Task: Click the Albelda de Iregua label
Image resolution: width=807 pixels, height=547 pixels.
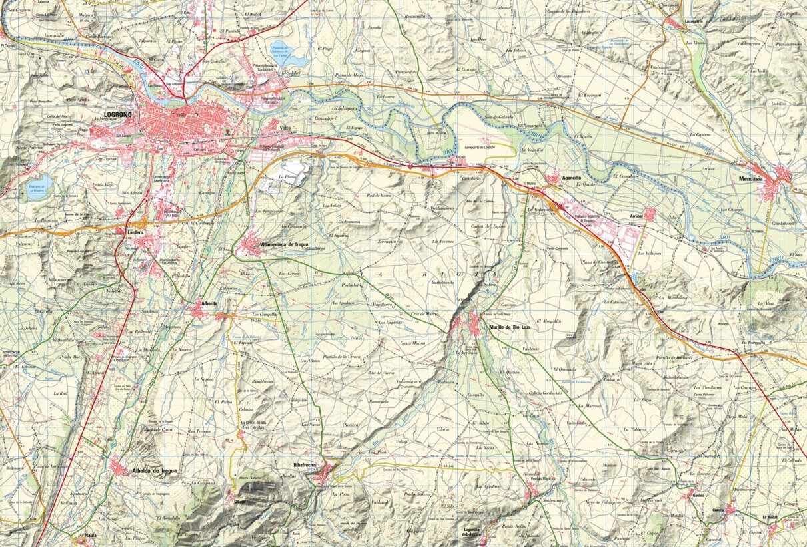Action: click(x=155, y=470)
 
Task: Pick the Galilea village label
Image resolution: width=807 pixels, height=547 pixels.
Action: click(x=698, y=496)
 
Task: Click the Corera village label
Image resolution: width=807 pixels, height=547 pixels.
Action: click(x=718, y=510)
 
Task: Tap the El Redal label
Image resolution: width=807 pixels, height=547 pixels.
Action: click(x=771, y=517)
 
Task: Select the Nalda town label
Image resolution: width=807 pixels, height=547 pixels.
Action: click(x=91, y=534)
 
